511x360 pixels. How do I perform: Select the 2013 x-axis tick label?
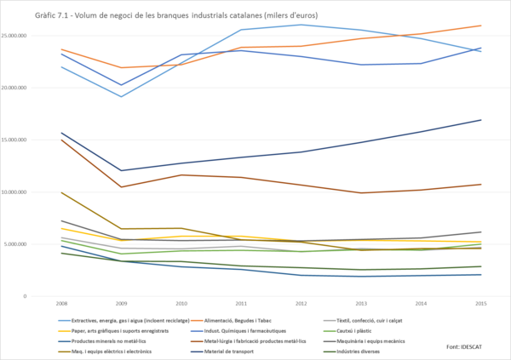click(x=360, y=302)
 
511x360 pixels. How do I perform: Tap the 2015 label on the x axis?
click(x=480, y=302)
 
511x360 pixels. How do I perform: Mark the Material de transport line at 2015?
click(x=480, y=120)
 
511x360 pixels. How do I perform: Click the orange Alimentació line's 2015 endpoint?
click(x=480, y=26)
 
